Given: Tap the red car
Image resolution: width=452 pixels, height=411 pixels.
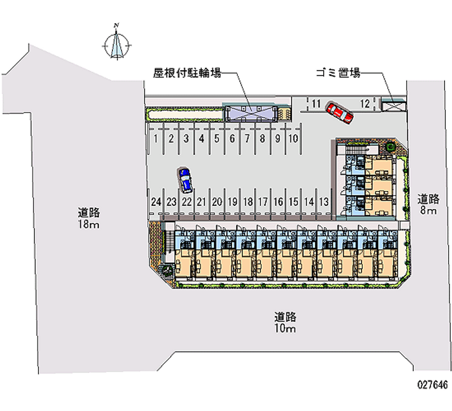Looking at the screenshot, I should click(340, 112).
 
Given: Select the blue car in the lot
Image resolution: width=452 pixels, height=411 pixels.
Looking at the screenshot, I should click(185, 179).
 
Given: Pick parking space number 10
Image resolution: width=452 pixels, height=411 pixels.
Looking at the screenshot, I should click(293, 137).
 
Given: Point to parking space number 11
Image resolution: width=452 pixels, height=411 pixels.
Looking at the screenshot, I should click(315, 103).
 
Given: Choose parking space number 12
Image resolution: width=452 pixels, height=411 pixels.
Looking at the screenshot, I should click(365, 103).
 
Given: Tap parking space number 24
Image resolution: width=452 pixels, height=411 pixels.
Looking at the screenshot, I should click(156, 201).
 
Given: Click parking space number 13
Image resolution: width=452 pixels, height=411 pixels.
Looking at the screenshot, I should click(324, 201).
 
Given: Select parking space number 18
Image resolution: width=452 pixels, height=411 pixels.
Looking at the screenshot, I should click(247, 201).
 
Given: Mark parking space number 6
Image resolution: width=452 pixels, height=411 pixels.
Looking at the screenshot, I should click(232, 137).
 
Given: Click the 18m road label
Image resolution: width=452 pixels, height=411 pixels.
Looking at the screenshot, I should click(89, 219).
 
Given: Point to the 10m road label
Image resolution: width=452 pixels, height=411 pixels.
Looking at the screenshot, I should click(286, 323).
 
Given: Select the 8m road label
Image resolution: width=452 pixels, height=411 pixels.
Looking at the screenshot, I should click(428, 205).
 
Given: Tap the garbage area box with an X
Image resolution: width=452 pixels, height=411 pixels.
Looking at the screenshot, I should click(394, 105).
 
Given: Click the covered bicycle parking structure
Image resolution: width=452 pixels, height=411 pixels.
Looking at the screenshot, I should click(249, 113).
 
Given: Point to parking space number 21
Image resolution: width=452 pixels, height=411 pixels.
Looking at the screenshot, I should click(202, 201).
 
